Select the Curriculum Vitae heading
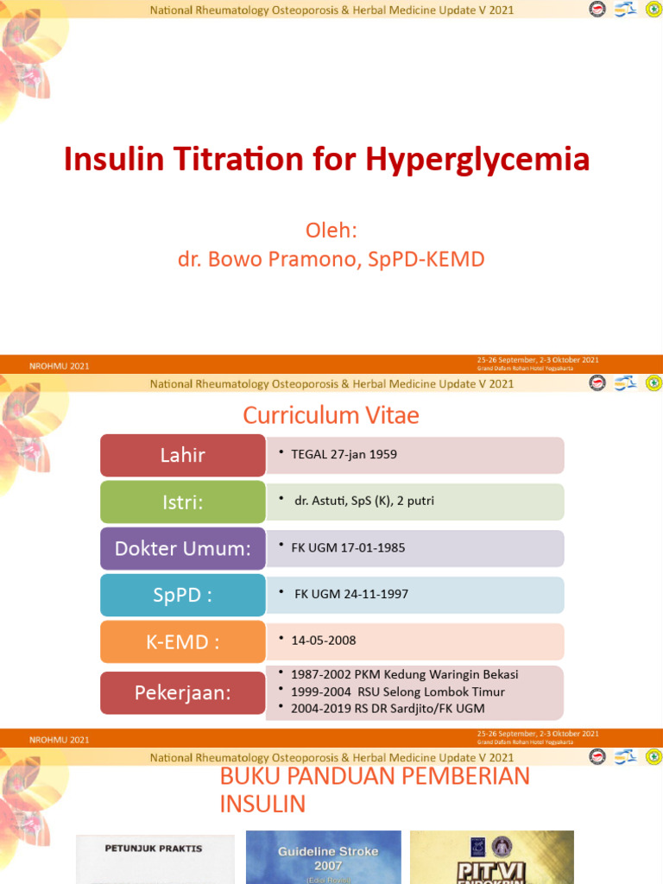331,415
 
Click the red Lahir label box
182,455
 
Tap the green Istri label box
182,502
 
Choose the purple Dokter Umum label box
182,549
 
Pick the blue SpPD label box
182,595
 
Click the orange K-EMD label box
182,641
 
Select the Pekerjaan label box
182,692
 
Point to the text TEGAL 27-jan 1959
334,454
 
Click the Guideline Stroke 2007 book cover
324,856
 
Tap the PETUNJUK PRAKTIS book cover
155,858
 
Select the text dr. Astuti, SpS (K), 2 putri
357,501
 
